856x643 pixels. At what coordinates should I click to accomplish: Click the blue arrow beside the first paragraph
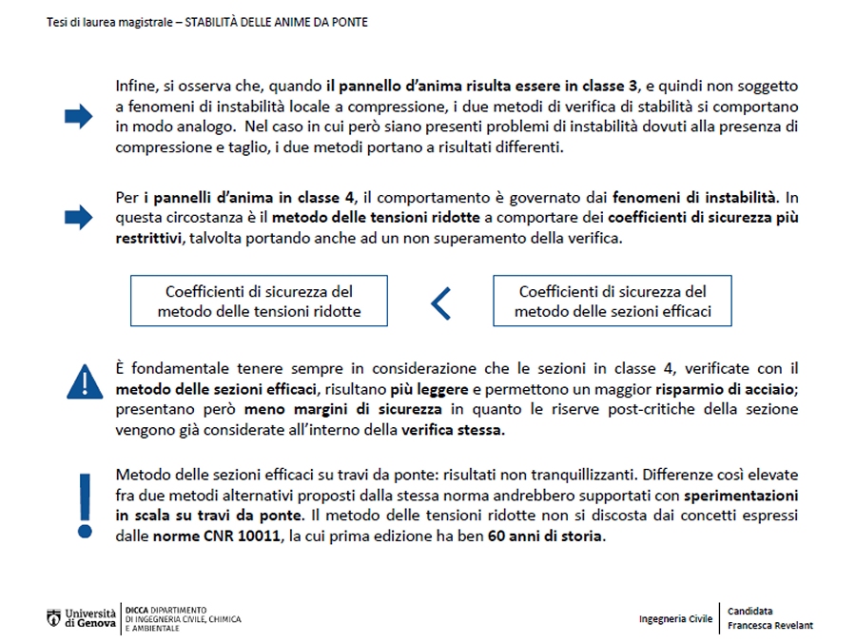(78, 117)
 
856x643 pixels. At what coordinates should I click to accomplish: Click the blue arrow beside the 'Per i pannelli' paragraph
(78, 218)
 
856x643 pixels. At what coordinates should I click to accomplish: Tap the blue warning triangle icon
(85, 380)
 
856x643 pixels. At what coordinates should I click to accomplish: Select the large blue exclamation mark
(85, 504)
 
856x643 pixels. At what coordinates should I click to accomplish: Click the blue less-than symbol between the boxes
(440, 302)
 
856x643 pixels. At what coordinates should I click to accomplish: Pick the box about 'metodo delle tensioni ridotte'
(259, 301)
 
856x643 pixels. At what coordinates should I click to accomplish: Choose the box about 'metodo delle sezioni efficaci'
(613, 301)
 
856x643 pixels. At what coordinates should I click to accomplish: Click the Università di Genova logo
(82, 617)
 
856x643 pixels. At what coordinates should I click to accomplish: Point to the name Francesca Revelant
(770, 626)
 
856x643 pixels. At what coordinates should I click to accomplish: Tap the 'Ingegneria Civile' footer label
(675, 618)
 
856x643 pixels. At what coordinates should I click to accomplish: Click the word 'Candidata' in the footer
(750, 611)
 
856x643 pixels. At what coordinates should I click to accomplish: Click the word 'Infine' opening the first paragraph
(133, 86)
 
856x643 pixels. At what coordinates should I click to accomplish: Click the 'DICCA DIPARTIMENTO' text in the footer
(166, 609)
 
